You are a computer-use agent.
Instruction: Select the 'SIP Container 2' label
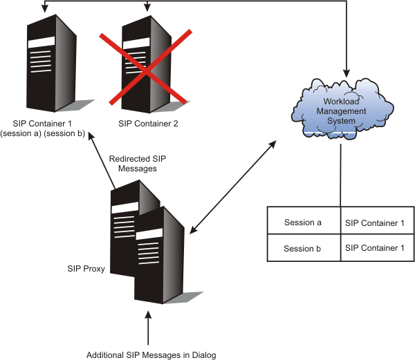coord(148,124)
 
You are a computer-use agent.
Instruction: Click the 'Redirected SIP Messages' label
coord(138,164)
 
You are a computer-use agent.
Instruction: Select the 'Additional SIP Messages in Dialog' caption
coord(151,355)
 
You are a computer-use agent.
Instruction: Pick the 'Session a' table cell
coord(304,222)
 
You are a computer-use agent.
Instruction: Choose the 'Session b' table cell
coord(304,248)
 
